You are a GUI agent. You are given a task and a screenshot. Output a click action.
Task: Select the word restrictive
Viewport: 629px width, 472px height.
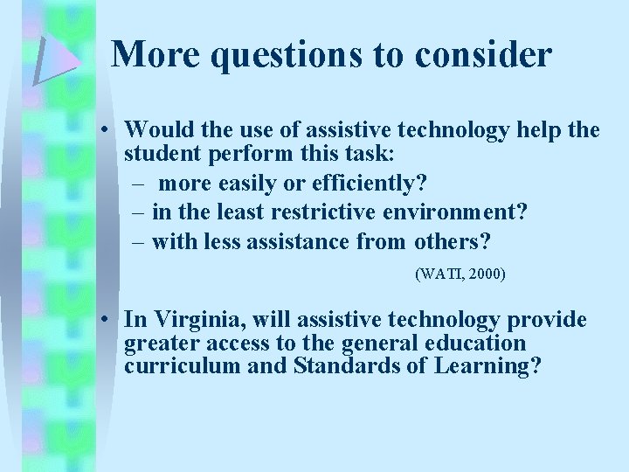click(335, 211)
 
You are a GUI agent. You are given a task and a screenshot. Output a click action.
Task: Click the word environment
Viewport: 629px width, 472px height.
click(470, 211)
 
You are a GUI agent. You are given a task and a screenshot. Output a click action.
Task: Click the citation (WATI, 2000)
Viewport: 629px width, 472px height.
click(460, 274)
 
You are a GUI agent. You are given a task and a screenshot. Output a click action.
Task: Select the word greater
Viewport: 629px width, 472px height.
click(158, 343)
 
